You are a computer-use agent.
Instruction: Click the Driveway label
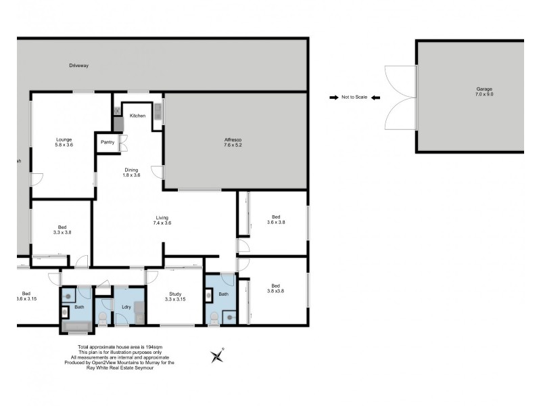79,66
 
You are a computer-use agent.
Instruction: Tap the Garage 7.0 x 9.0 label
484,92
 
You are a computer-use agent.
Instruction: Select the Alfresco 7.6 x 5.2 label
233,142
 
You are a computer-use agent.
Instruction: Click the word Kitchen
138,116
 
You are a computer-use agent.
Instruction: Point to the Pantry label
108,142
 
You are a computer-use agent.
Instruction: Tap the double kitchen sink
158,111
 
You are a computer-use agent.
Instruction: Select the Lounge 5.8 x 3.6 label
64,142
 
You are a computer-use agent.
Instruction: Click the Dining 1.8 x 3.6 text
132,172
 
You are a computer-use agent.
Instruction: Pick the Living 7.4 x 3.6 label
163,220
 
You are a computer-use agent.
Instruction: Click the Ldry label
126,307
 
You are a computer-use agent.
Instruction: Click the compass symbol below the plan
218,355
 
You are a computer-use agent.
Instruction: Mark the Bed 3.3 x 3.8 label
62,229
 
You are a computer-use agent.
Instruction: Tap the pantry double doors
124,142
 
